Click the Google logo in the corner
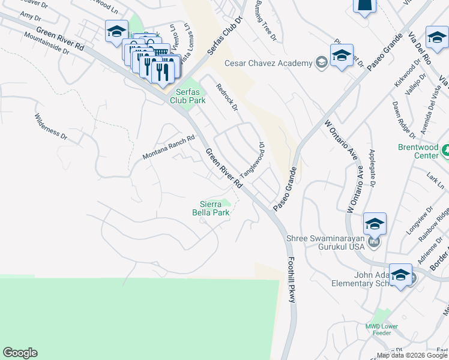pyautogui.click(x=20, y=353)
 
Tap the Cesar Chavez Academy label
pyautogui.click(x=268, y=63)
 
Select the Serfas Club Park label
pyautogui.click(x=187, y=96)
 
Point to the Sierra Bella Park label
pyautogui.click(x=211, y=208)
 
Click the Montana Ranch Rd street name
pyautogui.click(x=169, y=148)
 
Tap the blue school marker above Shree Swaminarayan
pyautogui.click(x=375, y=224)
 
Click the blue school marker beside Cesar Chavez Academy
pyautogui.click(x=342, y=56)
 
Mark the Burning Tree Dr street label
pyautogui.click(x=267, y=21)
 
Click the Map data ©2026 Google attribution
pyautogui.click(x=411, y=355)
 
